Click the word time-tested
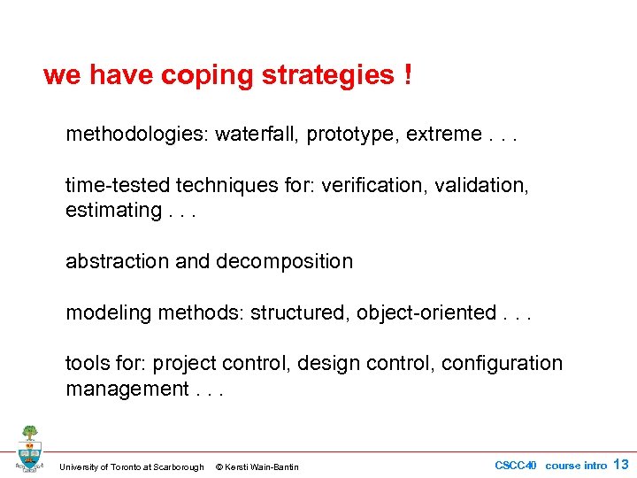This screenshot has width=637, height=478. [118, 185]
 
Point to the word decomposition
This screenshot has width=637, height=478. [284, 261]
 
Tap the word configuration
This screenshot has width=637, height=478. [502, 363]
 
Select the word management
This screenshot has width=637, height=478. [125, 389]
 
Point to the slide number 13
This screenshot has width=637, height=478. [620, 465]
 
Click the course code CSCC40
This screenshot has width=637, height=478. [516, 466]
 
